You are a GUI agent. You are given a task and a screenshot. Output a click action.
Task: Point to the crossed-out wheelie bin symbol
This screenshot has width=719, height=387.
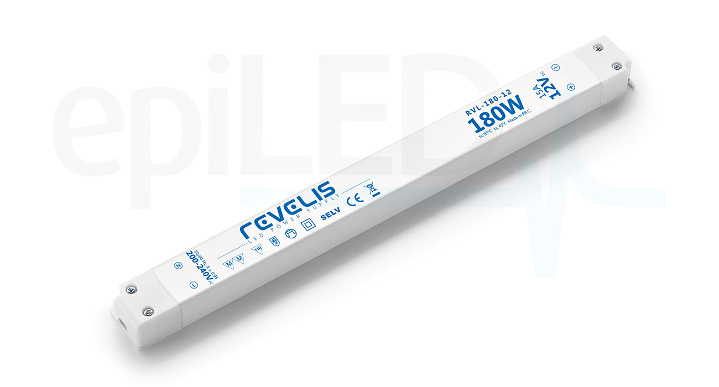[x=373, y=189]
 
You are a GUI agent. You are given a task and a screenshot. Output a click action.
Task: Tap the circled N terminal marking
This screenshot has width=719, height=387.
[x=179, y=265]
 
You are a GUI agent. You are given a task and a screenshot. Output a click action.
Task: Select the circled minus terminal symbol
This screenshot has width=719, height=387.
[x=556, y=67]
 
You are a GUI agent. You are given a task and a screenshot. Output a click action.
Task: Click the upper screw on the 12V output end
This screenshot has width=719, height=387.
[x=598, y=48]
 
